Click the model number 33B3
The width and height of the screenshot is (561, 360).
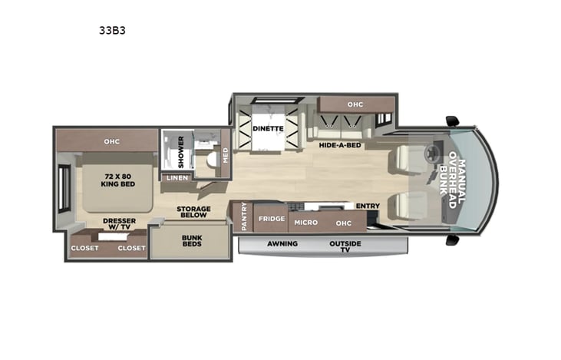coord(112,31)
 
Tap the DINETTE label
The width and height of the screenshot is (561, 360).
coord(268,128)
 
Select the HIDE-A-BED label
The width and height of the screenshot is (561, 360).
coord(340,145)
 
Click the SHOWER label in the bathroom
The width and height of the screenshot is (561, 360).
coord(180,152)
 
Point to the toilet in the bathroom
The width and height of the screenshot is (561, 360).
coord(213,159)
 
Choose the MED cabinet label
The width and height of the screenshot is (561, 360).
coord(226,155)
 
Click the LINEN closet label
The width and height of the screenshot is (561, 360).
coord(177,178)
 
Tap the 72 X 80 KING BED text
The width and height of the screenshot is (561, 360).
coord(117,180)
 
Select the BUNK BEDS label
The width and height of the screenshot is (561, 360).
coord(192,240)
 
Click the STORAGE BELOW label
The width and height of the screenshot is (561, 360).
coord(193,212)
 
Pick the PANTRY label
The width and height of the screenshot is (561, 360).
coord(244,216)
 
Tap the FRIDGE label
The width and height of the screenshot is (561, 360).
coord(272,219)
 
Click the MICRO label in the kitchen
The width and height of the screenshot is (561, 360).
coord(306,223)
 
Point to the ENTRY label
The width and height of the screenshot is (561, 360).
coord(368,206)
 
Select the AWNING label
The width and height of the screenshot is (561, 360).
coord(282,243)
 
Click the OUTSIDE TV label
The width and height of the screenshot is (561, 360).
coord(345,246)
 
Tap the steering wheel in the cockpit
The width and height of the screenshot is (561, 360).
coord(432,153)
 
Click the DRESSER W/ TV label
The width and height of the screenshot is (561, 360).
coord(119,223)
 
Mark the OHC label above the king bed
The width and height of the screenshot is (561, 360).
coord(111,142)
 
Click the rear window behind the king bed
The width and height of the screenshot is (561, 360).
coord(64,189)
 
